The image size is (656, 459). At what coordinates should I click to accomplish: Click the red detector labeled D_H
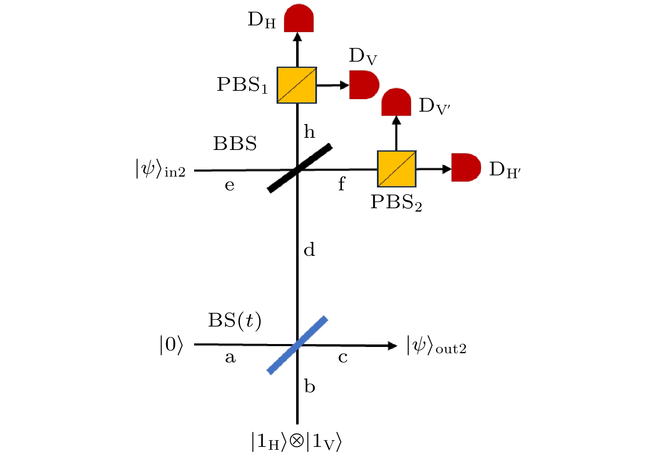[x=299, y=18]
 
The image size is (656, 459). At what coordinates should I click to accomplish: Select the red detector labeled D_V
[x=364, y=85]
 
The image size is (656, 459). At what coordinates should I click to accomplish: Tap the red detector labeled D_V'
[x=396, y=102]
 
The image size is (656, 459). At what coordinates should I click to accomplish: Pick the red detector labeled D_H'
[x=466, y=167]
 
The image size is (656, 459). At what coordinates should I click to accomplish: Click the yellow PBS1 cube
[x=297, y=85]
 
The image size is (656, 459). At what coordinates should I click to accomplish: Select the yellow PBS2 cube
[x=397, y=169]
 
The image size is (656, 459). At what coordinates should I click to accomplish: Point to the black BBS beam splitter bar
[x=299, y=168]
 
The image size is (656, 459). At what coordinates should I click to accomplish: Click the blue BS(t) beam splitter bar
[x=297, y=345]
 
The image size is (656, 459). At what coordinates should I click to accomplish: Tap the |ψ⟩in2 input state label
[x=160, y=168]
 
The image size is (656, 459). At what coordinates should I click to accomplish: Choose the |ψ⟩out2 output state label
[x=437, y=345]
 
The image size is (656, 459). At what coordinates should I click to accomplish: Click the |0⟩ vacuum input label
[x=171, y=345]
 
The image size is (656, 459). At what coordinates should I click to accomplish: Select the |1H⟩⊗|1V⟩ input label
[x=297, y=442]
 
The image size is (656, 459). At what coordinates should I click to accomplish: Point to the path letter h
[x=309, y=132]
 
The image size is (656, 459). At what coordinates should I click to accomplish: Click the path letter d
[x=309, y=249]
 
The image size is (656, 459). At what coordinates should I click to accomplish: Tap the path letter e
[x=229, y=185]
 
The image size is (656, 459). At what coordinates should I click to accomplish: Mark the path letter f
[x=342, y=184]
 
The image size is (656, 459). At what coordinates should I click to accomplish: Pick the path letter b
[x=310, y=386]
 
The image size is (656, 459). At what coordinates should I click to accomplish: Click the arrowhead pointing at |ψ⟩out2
[x=392, y=346]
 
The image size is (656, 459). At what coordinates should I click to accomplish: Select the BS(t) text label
[x=234, y=321]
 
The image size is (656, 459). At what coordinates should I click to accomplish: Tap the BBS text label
[x=235, y=144]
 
